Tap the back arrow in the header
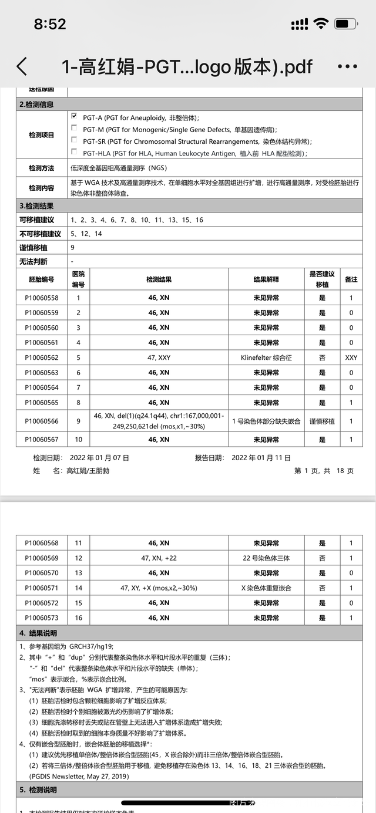(22, 66)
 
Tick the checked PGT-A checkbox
(74, 117)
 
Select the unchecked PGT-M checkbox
(74, 129)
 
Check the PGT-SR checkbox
(74, 141)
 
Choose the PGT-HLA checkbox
(74, 153)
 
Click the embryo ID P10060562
(42, 357)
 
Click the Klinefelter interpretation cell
(266, 357)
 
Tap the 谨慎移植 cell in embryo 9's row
(322, 421)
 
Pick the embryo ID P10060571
(42, 588)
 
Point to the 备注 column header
(351, 279)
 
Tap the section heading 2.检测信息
(37, 104)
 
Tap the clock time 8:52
(50, 24)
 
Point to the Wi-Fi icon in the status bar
(321, 24)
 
